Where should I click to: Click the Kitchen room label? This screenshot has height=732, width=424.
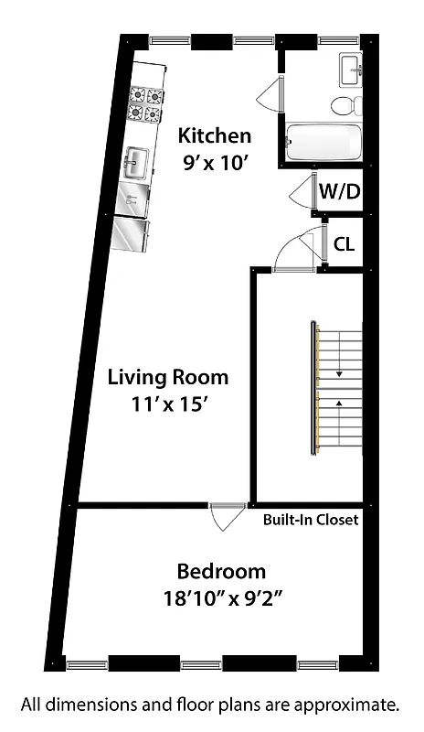214,136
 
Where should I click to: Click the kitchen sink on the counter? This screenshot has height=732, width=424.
136,165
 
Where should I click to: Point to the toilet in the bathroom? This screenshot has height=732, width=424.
345,105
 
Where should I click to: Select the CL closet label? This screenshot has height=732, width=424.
344,244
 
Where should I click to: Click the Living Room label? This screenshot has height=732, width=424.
168,377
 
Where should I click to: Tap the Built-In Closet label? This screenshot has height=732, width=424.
311,520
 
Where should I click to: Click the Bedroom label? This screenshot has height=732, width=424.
221,572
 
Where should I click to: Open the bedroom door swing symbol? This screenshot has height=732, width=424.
223,517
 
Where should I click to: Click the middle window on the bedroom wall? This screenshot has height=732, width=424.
201,664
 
